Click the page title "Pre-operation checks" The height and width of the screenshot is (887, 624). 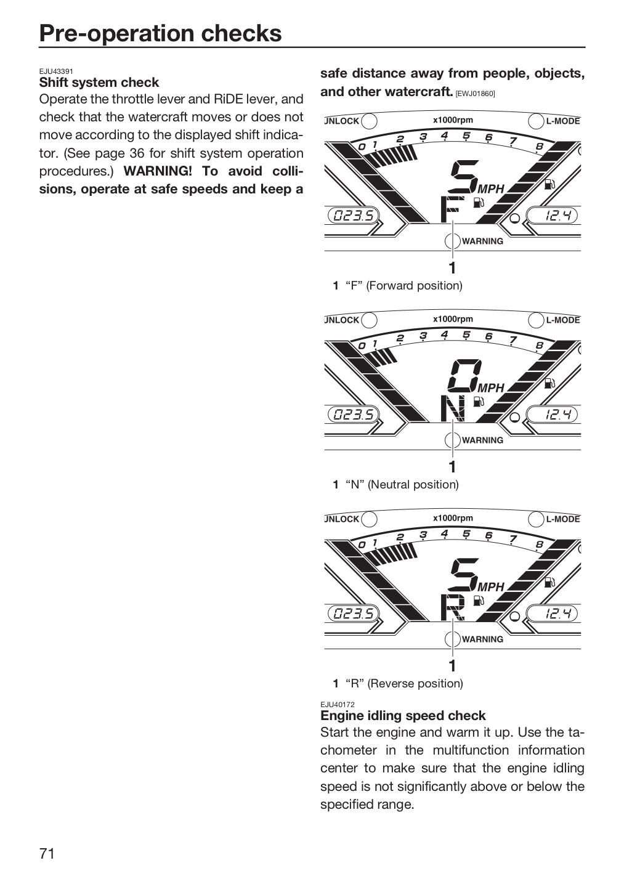(160, 33)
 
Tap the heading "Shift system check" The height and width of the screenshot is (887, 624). (99, 83)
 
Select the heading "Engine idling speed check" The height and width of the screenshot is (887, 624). (403, 716)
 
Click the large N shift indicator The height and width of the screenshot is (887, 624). (453, 408)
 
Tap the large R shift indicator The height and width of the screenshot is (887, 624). (453, 607)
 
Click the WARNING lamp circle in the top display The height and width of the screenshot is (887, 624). (453, 241)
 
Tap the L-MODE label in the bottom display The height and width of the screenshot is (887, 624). (563, 519)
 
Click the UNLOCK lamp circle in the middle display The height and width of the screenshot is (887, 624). (369, 320)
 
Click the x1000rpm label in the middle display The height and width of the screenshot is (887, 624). (453, 319)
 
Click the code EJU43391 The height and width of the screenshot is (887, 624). (56, 71)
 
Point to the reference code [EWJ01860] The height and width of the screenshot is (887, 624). (475, 94)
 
